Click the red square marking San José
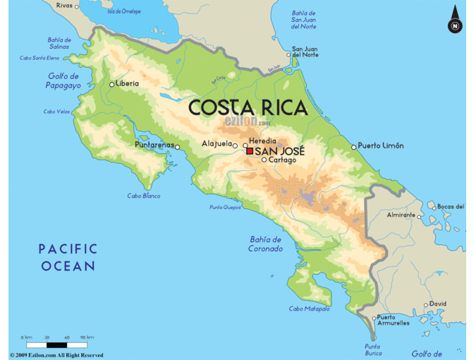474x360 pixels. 250,151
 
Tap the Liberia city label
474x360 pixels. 127,83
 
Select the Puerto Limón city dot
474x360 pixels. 354,147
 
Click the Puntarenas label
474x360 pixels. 154,145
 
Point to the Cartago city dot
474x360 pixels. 264,160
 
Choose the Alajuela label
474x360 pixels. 217,143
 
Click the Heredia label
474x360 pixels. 263,141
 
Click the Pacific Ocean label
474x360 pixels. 68,257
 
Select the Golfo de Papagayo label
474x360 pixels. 64,80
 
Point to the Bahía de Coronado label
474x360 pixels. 265,244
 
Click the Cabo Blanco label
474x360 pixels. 143,196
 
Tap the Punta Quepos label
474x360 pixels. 226,208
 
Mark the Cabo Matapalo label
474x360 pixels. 309,309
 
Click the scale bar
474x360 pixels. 56,344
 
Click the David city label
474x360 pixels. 438,304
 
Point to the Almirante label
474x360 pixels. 401,215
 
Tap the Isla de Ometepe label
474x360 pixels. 123,11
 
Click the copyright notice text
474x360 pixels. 56,355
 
